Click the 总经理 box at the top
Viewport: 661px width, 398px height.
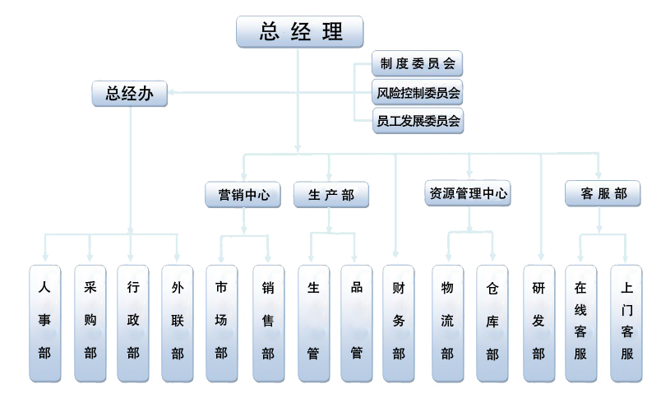point(300,31)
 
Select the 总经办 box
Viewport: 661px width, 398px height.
point(130,93)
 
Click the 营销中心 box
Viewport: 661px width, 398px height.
point(243,195)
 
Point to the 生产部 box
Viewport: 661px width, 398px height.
point(330,195)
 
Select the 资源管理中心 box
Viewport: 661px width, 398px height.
point(469,194)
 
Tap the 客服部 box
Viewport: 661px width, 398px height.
point(603,194)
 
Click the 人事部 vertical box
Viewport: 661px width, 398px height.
point(45,323)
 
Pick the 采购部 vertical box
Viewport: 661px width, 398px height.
point(90,323)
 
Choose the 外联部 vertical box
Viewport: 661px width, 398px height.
point(178,323)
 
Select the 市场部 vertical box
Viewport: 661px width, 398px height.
point(221,323)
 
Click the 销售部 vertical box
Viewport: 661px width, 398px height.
point(268,323)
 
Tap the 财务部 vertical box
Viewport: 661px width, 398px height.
point(399,323)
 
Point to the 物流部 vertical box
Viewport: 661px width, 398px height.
point(447,323)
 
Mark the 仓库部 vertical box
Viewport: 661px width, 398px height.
point(492,323)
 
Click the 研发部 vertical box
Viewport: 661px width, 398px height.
point(539,323)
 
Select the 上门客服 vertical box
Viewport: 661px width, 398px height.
point(626,323)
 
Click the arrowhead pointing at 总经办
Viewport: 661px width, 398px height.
point(174,93)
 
